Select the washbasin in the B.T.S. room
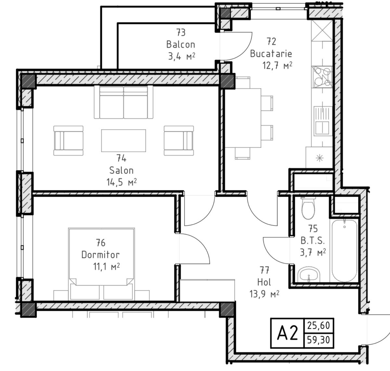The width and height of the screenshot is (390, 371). (309, 275)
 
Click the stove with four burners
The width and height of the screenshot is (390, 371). (322, 77)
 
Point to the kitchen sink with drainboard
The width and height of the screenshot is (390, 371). (323, 121)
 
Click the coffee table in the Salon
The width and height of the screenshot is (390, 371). (123, 140)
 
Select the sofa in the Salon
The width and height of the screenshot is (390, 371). (123, 102)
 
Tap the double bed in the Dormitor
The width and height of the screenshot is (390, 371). (101, 264)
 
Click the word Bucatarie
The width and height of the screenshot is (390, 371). (271, 54)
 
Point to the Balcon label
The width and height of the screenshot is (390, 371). (180, 44)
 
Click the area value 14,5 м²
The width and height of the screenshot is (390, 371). (122, 182)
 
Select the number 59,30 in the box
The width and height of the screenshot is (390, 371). (318, 340)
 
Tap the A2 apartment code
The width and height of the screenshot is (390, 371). (287, 333)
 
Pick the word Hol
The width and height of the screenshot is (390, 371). (264, 282)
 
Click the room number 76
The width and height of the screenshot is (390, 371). (100, 243)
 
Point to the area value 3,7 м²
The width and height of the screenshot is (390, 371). (313, 253)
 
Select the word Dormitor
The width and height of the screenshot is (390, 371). (100, 255)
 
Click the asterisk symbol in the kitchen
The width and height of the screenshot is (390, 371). (319, 158)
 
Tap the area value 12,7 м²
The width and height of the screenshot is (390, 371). (277, 65)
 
